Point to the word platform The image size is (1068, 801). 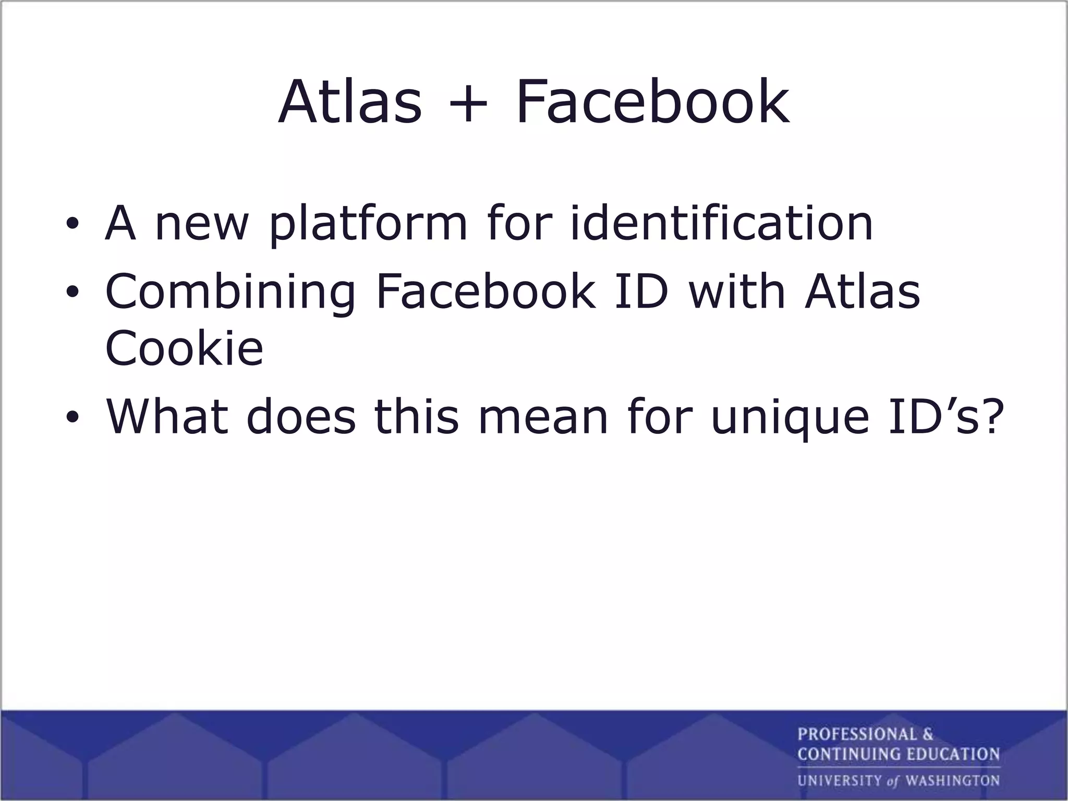click(368, 224)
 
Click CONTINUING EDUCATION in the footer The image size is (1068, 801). click(898, 754)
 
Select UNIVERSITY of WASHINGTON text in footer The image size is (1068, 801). click(898, 781)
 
